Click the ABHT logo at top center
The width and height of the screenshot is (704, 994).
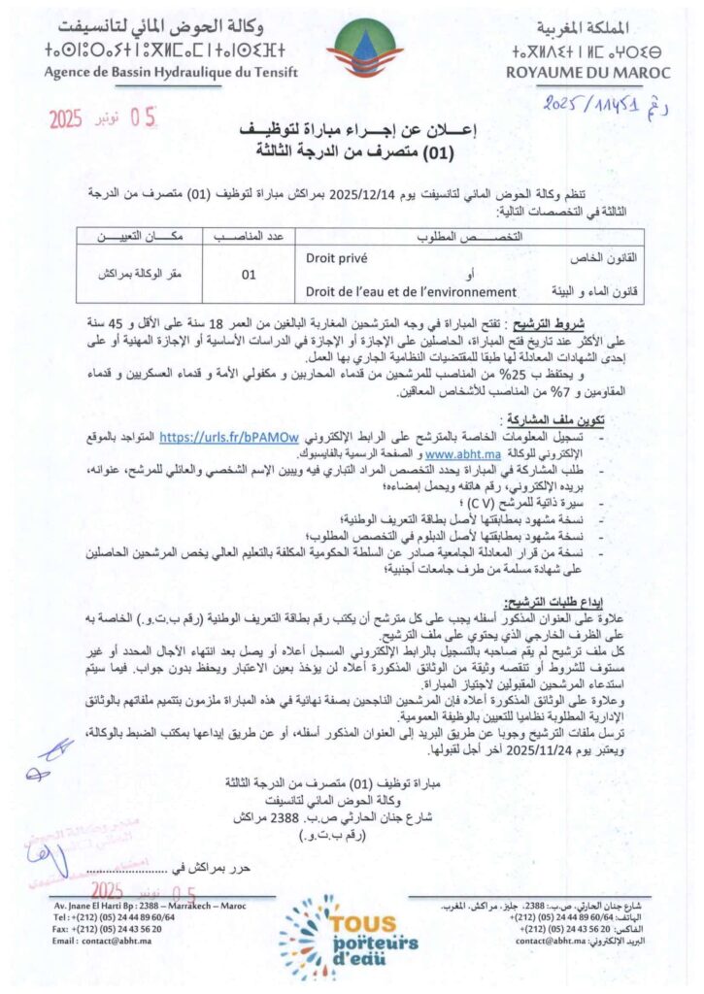coord(352,50)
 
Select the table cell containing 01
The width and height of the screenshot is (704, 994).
coord(250,274)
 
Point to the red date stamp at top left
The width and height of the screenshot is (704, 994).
coord(102,120)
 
